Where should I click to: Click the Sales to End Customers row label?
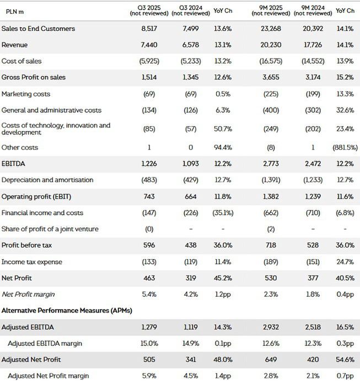click(38, 29)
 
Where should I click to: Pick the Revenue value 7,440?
click(149, 45)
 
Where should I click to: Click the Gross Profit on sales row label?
click(34, 77)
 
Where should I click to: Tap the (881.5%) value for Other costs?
click(345, 147)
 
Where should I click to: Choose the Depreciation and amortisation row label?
click(47, 180)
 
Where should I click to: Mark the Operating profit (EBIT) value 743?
click(149, 196)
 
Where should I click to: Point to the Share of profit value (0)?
click(149, 229)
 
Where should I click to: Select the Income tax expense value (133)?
click(149, 261)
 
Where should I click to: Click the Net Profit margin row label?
click(28, 294)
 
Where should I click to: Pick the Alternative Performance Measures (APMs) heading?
click(67, 310)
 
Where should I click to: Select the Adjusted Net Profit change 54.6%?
click(345, 360)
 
